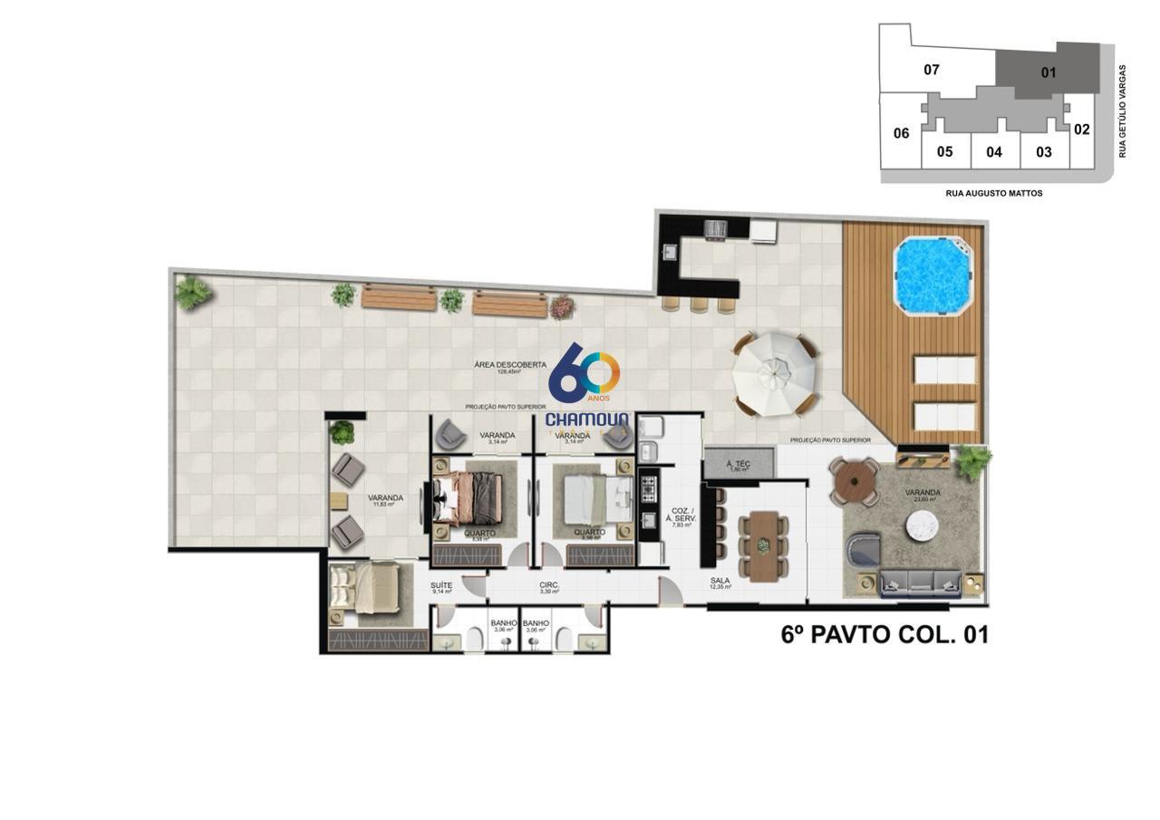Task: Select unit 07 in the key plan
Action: pyautogui.click(x=931, y=70)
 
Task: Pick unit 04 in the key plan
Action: pyautogui.click(x=994, y=151)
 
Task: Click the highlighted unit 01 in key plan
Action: pyautogui.click(x=1049, y=72)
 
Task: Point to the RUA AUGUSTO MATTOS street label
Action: pyautogui.click(x=994, y=193)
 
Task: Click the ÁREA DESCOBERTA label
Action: pyautogui.click(x=510, y=364)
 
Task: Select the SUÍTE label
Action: pyautogui.click(x=442, y=585)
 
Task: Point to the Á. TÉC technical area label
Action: pyautogui.click(x=739, y=464)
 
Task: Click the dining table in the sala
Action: pyautogui.click(x=763, y=545)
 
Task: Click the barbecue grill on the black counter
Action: pyautogui.click(x=716, y=229)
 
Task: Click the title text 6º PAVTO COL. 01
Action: pyautogui.click(x=884, y=635)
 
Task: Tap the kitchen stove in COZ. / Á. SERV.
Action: pyautogui.click(x=649, y=490)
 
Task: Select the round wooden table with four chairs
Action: pyautogui.click(x=852, y=482)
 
